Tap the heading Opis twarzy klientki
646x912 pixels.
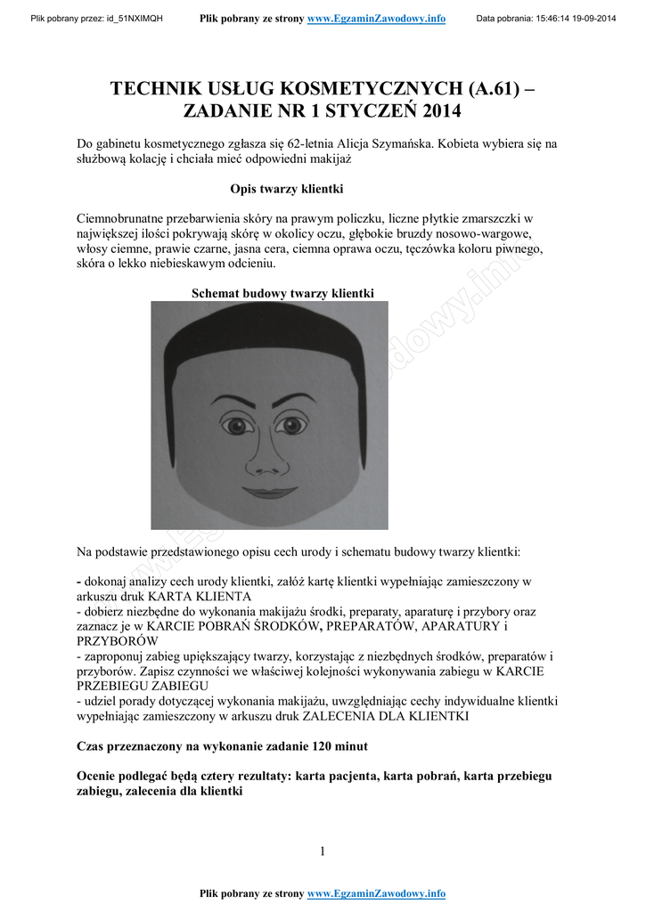[286, 190]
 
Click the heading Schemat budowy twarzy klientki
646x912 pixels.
[283, 293]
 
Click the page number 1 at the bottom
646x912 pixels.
[323, 851]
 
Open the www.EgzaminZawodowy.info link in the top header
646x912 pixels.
[376, 19]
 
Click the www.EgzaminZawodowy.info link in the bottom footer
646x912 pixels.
[376, 893]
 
